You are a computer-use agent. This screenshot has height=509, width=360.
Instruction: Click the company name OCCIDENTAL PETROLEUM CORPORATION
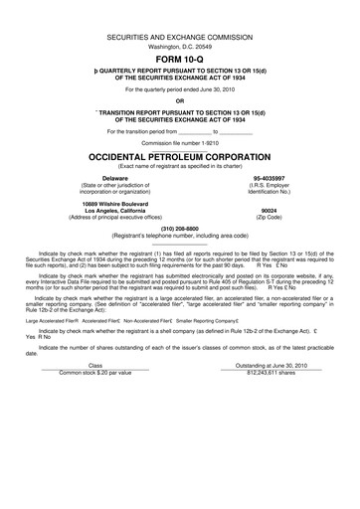179,157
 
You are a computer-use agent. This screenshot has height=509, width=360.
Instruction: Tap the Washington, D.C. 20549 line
179,45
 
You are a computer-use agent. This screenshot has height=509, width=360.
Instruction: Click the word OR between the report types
179,100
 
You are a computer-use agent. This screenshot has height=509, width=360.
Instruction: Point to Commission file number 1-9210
179,143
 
